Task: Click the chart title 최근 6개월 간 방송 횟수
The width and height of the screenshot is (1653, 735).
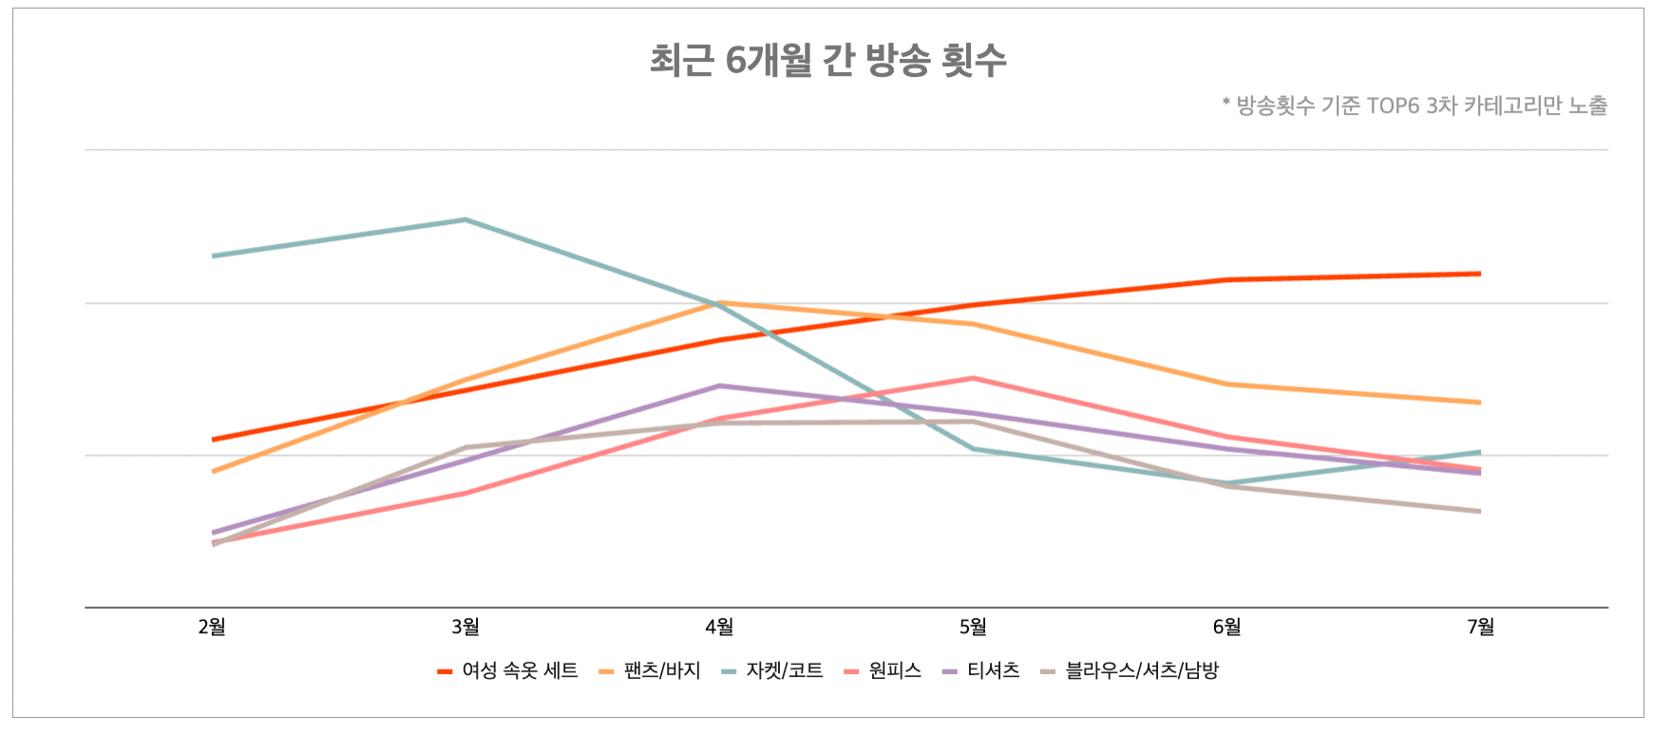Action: click(827, 61)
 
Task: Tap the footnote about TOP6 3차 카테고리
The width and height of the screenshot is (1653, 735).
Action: click(1415, 105)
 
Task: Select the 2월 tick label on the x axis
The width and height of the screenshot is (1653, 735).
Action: click(212, 627)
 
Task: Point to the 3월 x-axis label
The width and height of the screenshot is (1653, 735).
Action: click(465, 627)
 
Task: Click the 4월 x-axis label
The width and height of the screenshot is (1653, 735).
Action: click(719, 627)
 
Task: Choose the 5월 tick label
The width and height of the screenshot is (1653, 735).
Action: click(973, 627)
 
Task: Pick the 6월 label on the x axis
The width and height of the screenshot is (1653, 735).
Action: click(1226, 627)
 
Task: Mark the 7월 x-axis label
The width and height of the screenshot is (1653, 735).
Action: click(1480, 627)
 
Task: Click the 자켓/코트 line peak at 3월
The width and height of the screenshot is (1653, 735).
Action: click(465, 219)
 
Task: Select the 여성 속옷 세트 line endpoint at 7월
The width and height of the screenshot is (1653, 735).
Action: click(1480, 273)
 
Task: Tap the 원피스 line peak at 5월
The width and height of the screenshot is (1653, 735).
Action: click(973, 378)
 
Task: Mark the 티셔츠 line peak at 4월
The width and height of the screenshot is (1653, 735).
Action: click(719, 386)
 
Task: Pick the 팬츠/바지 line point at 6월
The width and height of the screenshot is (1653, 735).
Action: click(1226, 384)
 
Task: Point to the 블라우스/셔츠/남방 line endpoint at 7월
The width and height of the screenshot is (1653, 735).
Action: click(1480, 511)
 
